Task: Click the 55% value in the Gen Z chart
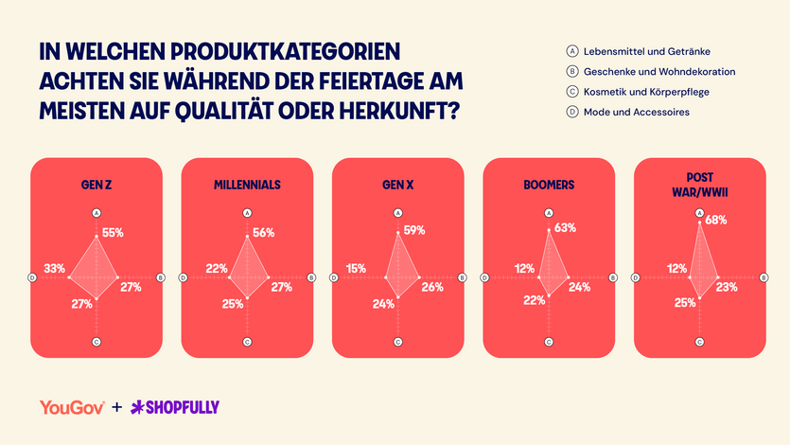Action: pos(114,233)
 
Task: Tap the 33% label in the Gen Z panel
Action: pos(55,269)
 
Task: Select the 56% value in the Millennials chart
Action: pos(264,233)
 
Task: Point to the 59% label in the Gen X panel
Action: pos(414,230)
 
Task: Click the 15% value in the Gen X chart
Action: pos(357,269)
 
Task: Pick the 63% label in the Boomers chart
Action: pos(566,227)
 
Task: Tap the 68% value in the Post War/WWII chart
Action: pos(716,221)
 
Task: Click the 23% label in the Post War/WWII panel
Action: pos(728,287)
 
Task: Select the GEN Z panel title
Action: pos(97,186)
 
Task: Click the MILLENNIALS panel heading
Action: pos(247,186)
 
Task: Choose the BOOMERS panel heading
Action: pos(548,186)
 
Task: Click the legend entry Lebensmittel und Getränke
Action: pos(647,51)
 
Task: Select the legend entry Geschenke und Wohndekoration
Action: pos(658,72)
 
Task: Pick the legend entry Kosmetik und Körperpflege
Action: pos(646,92)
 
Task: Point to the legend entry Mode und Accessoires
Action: pos(636,113)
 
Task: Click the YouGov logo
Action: pos(72,407)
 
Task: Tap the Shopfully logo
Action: pos(175,407)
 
